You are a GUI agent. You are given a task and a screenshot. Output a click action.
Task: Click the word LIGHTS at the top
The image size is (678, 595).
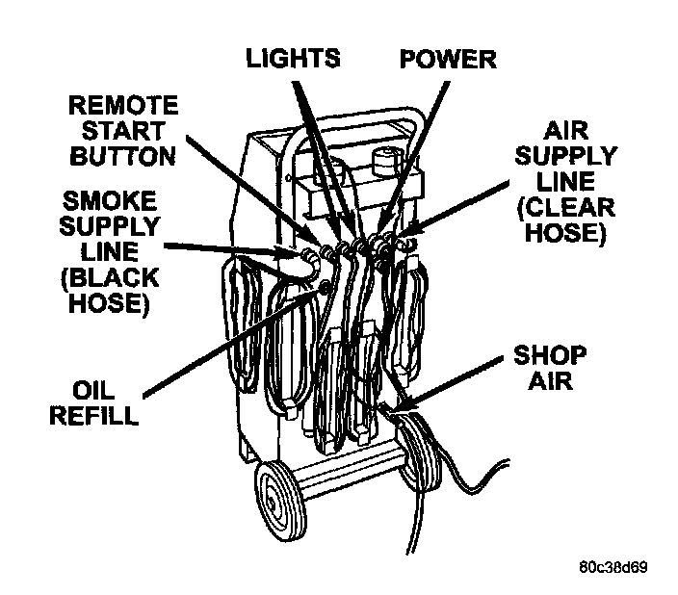[292, 59]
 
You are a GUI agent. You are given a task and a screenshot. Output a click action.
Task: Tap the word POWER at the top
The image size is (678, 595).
[448, 59]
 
